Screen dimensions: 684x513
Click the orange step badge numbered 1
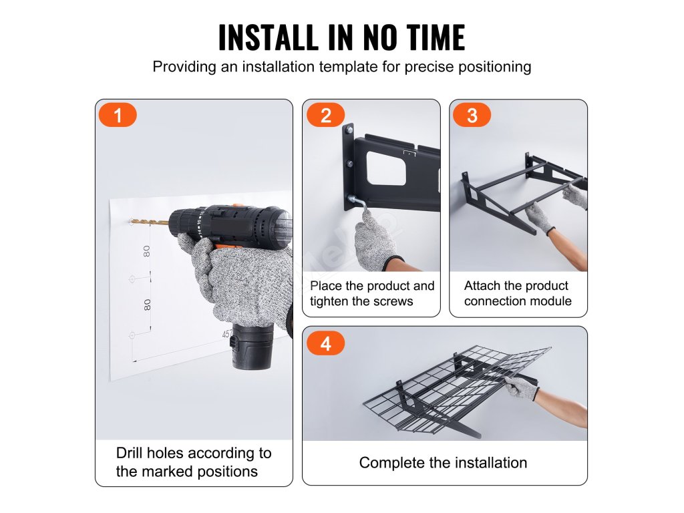(118, 115)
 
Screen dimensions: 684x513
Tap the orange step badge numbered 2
(326, 115)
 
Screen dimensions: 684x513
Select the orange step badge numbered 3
(472, 115)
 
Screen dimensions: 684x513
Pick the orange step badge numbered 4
(326, 343)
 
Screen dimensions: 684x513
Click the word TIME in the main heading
(436, 37)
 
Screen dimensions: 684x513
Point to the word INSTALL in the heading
(269, 37)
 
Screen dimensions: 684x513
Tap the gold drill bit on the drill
(149, 222)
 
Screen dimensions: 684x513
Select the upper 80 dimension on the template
(146, 252)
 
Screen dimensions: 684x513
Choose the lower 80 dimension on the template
(148, 305)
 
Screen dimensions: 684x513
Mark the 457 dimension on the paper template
(226, 334)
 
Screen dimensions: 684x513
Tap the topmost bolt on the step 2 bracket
(349, 130)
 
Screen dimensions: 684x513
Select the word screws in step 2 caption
(392, 301)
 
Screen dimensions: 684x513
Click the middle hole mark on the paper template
(132, 279)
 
